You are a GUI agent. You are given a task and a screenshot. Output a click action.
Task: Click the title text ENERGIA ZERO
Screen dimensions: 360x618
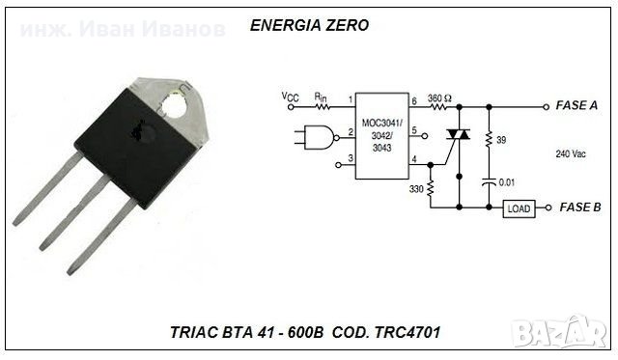click(x=309, y=26)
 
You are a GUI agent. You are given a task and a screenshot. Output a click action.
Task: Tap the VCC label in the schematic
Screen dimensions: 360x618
click(x=290, y=97)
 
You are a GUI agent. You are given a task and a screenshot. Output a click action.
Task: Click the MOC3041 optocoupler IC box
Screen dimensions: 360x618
click(x=380, y=135)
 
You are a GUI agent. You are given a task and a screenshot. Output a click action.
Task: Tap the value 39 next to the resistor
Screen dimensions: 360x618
click(x=501, y=142)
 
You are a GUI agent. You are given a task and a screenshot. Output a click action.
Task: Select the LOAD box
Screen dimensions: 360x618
click(x=518, y=208)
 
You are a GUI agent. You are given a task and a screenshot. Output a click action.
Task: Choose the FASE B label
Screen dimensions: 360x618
click(x=579, y=208)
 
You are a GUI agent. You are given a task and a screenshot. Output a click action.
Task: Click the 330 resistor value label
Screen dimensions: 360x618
click(x=416, y=190)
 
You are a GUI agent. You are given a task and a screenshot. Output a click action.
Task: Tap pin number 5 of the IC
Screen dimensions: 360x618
click(x=413, y=129)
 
